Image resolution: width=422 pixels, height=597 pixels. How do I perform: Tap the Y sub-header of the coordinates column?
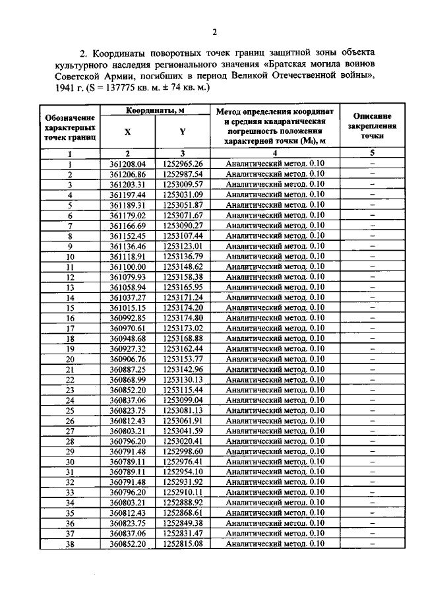coord(182,132)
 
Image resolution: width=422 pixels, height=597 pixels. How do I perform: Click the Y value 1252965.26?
coord(183,164)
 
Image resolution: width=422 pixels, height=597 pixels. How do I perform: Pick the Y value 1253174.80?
coord(183,318)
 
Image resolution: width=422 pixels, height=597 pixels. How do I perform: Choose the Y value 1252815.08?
coord(183,544)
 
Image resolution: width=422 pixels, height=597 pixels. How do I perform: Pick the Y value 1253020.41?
coord(183,441)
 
